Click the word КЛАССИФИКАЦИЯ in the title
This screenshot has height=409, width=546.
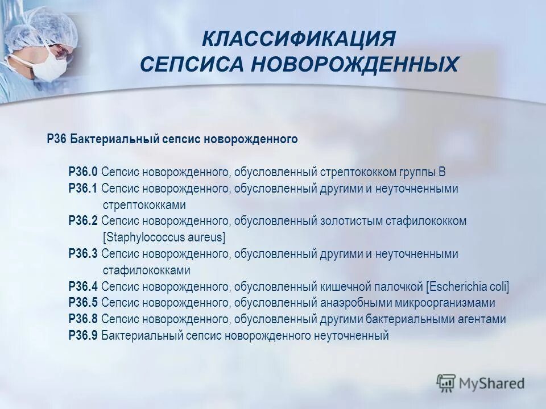coord(299,40)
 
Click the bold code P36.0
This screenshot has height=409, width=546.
coord(83,172)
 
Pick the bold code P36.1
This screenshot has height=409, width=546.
coord(83,188)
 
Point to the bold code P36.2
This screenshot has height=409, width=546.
coord(83,221)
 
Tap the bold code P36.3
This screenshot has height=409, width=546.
coord(83,254)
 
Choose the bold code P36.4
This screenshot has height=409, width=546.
coord(83,286)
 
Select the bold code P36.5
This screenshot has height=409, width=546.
coord(83,303)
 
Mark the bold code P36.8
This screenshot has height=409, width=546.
coord(83,319)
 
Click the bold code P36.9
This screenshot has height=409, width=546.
coord(83,336)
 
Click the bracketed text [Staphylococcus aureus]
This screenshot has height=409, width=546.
coord(164,237)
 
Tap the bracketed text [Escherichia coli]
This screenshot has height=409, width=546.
coord(468,286)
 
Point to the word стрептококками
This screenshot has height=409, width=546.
coord(144,204)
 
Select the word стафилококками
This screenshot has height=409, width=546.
coord(147,270)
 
